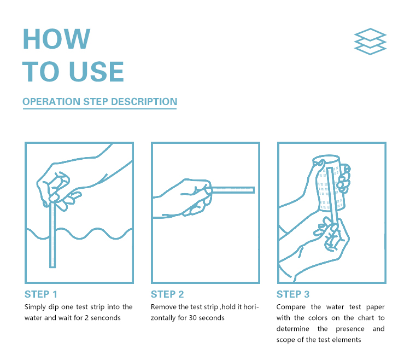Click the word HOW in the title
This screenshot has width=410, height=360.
(x=56, y=39)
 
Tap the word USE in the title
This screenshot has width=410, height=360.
(x=97, y=72)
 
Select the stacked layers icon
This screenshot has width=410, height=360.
(x=370, y=42)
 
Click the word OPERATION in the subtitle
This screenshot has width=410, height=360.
(x=51, y=102)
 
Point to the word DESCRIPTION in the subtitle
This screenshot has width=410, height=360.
(x=144, y=102)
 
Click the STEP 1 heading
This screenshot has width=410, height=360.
(x=41, y=294)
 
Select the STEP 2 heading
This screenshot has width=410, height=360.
(x=167, y=294)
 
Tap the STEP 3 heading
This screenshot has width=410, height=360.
(x=293, y=294)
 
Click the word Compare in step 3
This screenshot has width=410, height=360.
(x=291, y=307)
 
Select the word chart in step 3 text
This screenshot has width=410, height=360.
(x=366, y=318)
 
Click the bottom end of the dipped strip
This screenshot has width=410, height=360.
(x=52, y=267)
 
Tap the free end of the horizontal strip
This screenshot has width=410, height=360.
(x=254, y=190)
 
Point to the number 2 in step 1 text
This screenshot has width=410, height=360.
(x=86, y=318)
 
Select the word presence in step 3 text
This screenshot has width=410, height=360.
(x=350, y=329)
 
